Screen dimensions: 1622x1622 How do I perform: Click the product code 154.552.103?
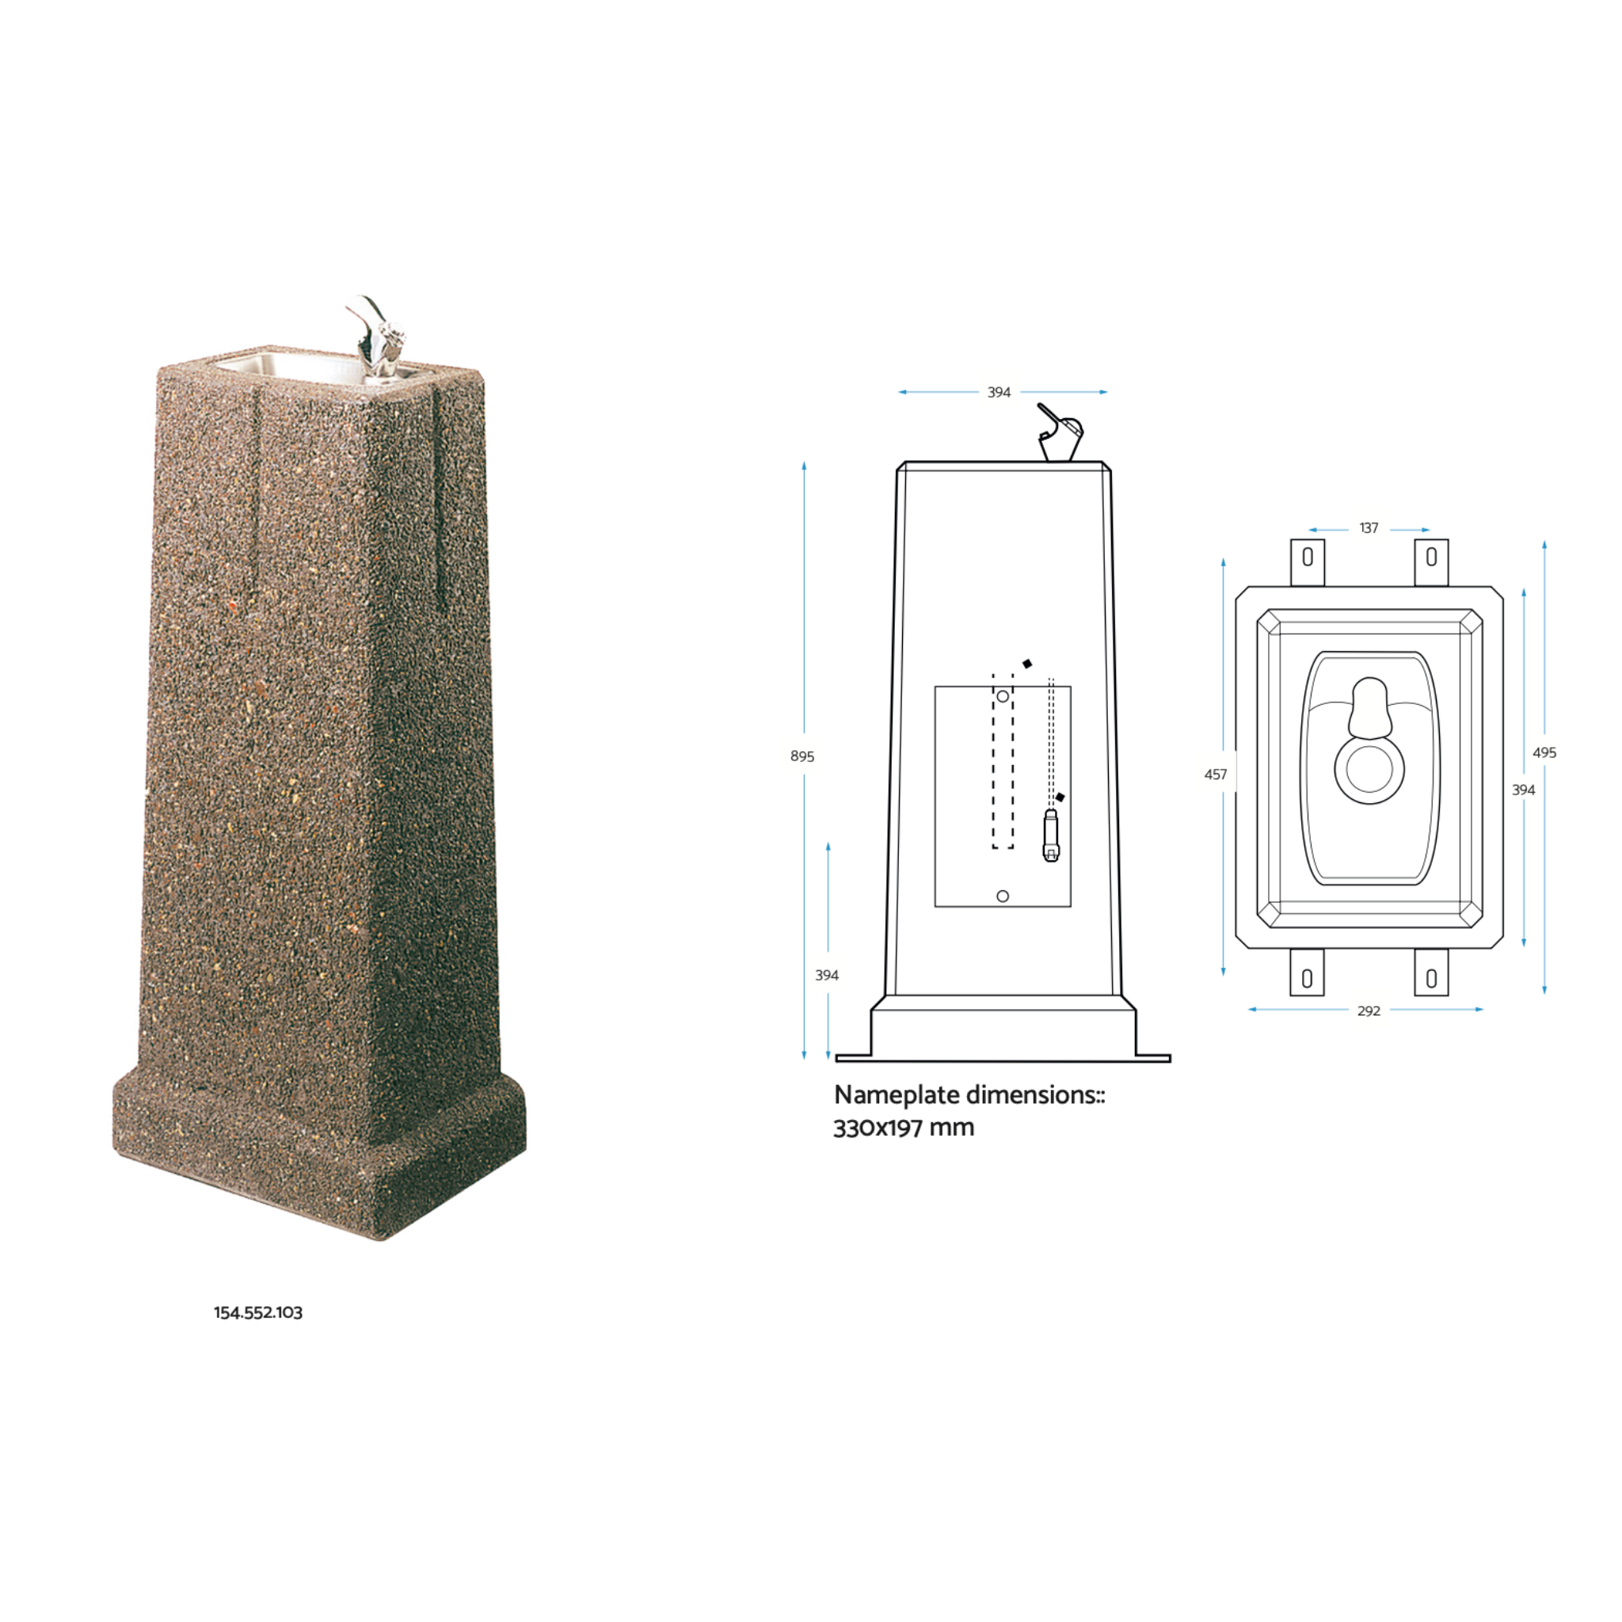pos(257,1312)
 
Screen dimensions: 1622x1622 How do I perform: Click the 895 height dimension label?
pos(801,756)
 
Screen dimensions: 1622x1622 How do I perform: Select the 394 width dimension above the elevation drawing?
pos(998,392)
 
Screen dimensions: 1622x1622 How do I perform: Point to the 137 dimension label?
pos(1369,528)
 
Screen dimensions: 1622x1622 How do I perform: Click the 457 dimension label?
pos(1215,774)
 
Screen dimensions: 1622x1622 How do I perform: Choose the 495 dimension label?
pos(1544,752)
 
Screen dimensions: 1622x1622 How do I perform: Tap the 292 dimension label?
pos(1369,1011)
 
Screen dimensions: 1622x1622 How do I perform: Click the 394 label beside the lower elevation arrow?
pos(826,975)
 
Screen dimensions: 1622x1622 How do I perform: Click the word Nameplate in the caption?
pos(896,1095)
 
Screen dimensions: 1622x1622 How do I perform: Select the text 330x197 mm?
pos(904,1128)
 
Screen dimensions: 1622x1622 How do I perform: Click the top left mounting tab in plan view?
pos(1307,561)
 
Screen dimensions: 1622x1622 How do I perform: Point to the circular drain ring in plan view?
pos(1369,769)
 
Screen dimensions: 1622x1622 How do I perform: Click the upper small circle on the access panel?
pos(1003,697)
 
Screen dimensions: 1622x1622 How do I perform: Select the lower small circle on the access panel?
pos(1003,896)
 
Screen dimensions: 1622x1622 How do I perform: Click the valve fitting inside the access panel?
pos(1051,836)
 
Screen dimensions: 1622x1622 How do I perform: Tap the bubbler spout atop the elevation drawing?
pos(1060,434)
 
